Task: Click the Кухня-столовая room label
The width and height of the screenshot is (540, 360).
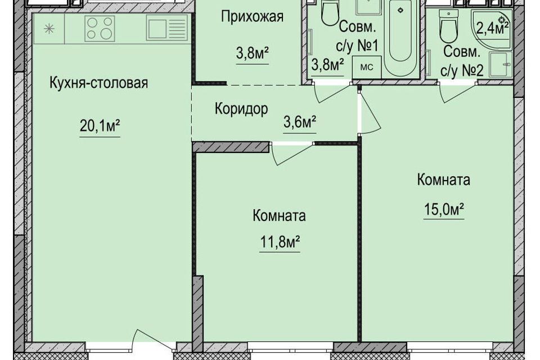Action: [x=99, y=83]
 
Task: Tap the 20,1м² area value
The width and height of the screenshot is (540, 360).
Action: [x=100, y=126]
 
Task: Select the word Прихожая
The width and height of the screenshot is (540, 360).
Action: [x=252, y=16]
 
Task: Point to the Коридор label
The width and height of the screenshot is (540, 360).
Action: [x=241, y=109]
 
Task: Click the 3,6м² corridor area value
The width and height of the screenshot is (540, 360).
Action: [x=300, y=122]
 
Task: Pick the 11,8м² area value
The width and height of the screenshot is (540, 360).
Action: [x=280, y=242]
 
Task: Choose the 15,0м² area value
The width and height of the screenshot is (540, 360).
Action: [x=444, y=209]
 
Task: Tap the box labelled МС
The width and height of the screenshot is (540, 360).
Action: [x=366, y=67]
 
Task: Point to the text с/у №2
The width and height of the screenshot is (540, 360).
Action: [x=462, y=70]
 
